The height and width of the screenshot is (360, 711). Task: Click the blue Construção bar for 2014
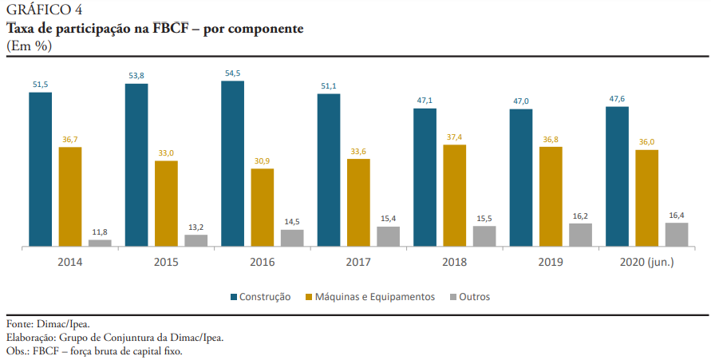coord(41,169)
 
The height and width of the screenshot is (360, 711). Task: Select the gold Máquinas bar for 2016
coord(263,208)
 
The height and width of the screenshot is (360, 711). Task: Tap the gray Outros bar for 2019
coord(581,235)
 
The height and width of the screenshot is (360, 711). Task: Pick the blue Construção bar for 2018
coord(425,177)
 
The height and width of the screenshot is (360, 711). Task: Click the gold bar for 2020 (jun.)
coord(646,198)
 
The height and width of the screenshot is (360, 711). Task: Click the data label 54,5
coord(233,73)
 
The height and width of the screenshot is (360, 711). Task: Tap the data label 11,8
coord(100,232)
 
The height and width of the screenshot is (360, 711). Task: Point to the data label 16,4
coord(677,215)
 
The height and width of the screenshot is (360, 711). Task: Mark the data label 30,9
coord(262,160)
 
